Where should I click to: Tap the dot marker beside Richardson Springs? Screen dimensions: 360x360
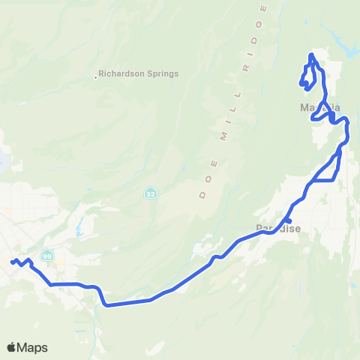(96, 76)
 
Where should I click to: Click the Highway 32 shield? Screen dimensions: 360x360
(151, 193)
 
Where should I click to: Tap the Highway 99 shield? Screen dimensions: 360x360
(46, 255)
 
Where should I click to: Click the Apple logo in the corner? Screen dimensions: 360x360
(11, 347)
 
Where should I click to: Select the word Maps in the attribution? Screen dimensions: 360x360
(32, 347)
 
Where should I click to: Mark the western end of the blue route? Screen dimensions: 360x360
(12, 262)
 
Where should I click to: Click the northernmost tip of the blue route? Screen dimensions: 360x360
(311, 55)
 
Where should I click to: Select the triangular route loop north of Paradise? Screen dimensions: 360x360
(328, 171)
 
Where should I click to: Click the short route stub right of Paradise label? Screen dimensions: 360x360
(288, 220)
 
